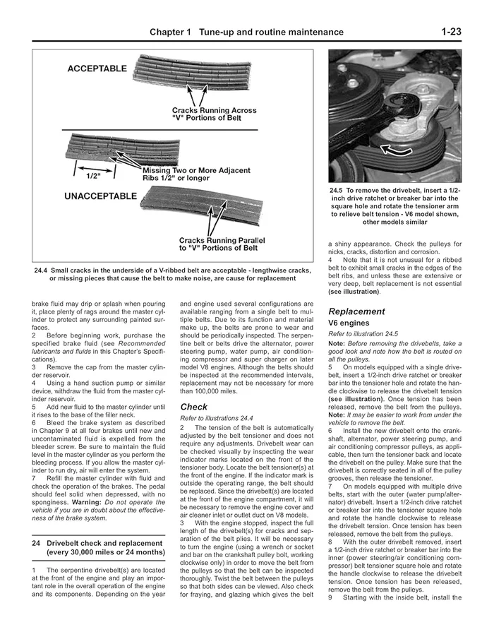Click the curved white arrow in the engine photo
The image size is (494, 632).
coord(396,149)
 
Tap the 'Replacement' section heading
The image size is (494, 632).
coord(356,311)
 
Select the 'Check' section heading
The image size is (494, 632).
coord(193,407)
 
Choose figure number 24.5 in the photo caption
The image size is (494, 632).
coord(337,191)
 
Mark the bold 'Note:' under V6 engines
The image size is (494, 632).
coord(337,343)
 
